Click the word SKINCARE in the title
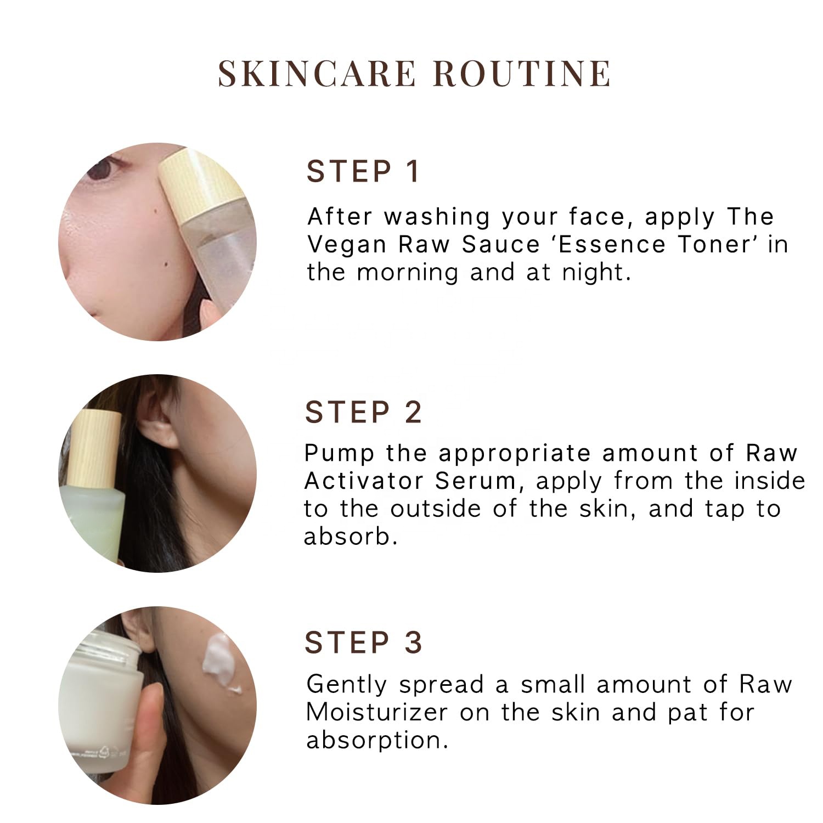(x=317, y=74)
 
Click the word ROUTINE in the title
(x=522, y=74)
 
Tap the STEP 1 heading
(x=363, y=171)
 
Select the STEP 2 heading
(x=363, y=412)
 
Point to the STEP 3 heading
(x=363, y=642)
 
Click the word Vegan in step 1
(x=347, y=245)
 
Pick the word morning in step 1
(x=408, y=273)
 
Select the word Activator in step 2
(x=364, y=481)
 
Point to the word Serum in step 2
(x=475, y=481)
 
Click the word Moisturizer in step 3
(x=377, y=712)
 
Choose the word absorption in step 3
(x=377, y=741)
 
